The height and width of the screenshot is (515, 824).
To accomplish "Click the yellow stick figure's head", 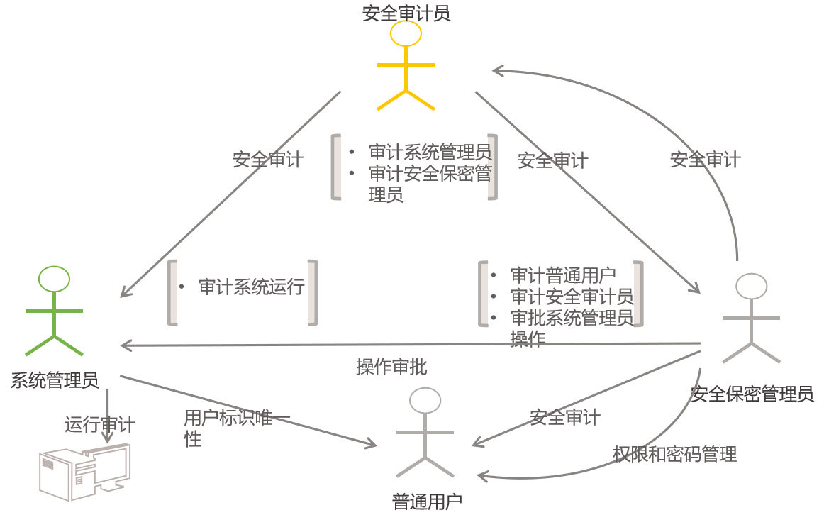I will pyautogui.click(x=406, y=33).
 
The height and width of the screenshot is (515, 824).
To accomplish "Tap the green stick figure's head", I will pyautogui.click(x=54, y=279).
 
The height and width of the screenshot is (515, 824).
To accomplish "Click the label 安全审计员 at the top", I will pyautogui.click(x=406, y=13).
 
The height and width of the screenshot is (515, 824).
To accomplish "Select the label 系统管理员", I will pyautogui.click(x=55, y=381).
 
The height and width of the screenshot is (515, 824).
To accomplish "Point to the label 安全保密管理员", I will pyautogui.click(x=752, y=394).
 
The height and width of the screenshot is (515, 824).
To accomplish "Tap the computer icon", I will pyautogui.click(x=84, y=472).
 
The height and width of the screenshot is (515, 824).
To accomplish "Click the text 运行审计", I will pyautogui.click(x=100, y=424).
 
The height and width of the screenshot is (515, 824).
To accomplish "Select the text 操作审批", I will pyautogui.click(x=391, y=367).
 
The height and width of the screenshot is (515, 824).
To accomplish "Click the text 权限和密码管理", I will pyautogui.click(x=674, y=454).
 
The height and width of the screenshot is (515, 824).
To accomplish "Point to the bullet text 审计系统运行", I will pyautogui.click(x=251, y=287).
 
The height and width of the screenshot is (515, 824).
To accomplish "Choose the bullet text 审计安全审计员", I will pyautogui.click(x=572, y=297).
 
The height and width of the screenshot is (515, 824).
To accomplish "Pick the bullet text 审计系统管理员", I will pyautogui.click(x=430, y=152).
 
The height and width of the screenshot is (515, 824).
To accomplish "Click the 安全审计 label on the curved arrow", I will pyautogui.click(x=705, y=160).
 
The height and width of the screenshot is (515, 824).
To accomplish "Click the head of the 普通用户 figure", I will pyautogui.click(x=425, y=401).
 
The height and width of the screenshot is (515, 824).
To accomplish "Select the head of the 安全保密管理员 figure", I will pyautogui.click(x=751, y=287).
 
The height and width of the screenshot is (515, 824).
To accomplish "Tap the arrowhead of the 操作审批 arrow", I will pyautogui.click(x=125, y=345).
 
